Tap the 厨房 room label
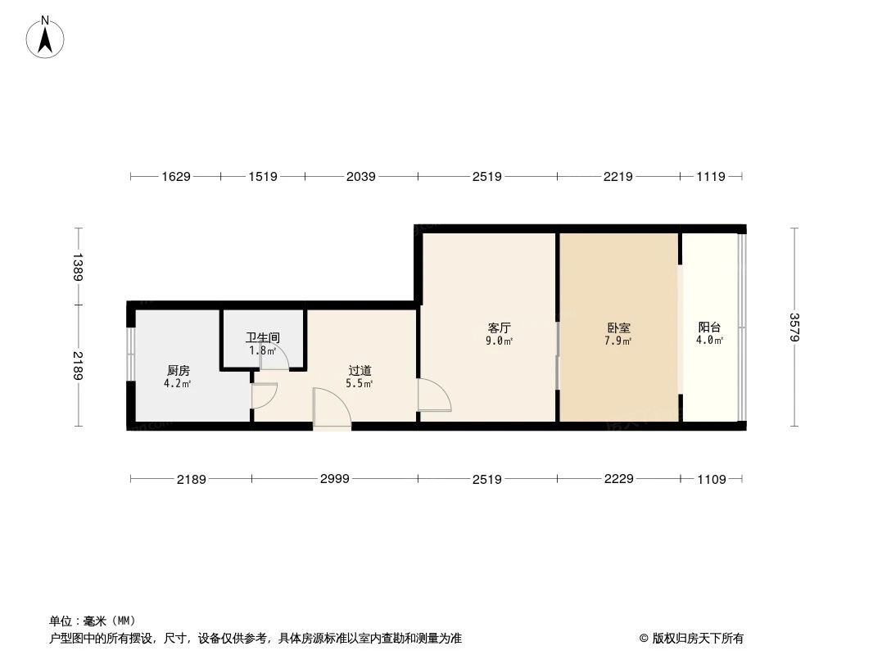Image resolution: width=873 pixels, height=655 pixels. [x=178, y=371]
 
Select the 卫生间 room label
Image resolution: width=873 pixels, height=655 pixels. [x=263, y=337]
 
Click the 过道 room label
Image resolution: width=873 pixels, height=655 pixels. [x=360, y=371]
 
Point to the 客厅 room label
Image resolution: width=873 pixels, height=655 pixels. [x=500, y=327]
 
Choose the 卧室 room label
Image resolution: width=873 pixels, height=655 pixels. [x=618, y=327]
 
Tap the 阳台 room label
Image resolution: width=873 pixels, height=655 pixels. [x=709, y=327]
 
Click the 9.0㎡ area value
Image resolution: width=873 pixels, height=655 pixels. [x=500, y=341]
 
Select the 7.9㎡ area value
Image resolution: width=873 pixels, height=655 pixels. [x=618, y=341]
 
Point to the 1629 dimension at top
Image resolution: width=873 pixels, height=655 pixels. [x=175, y=176]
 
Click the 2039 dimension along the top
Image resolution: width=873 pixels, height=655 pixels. [x=360, y=176]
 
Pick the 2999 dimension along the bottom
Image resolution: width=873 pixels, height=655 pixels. [x=334, y=478]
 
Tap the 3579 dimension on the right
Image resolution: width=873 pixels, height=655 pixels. [x=793, y=327]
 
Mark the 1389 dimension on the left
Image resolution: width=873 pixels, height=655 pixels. [x=78, y=266]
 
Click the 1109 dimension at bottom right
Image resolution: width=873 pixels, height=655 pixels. [x=711, y=479]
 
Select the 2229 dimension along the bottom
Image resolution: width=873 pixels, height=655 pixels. [x=618, y=478]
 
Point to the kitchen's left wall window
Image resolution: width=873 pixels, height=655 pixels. [x=129, y=354]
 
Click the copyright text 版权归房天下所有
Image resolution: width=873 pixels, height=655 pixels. [x=697, y=638]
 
